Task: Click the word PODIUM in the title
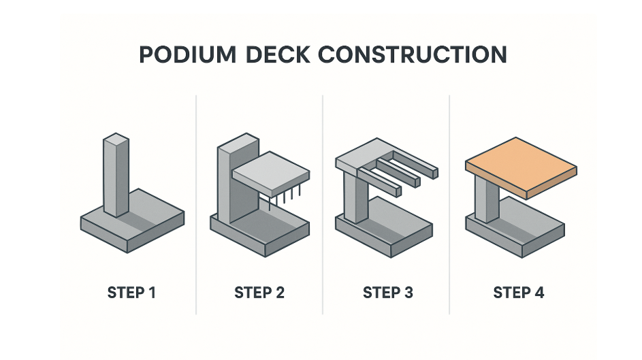click(187, 54)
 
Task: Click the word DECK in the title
click(278, 54)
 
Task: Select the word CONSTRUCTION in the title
click(413, 54)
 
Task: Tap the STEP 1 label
click(131, 293)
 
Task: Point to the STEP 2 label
click(259, 293)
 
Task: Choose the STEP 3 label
click(388, 293)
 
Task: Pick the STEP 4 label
click(518, 293)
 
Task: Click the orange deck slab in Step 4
click(521, 167)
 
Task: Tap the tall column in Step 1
click(116, 175)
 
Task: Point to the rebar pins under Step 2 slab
click(285, 198)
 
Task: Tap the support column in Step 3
click(355, 197)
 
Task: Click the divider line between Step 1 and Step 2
click(196, 205)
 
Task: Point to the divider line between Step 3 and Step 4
click(449, 205)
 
